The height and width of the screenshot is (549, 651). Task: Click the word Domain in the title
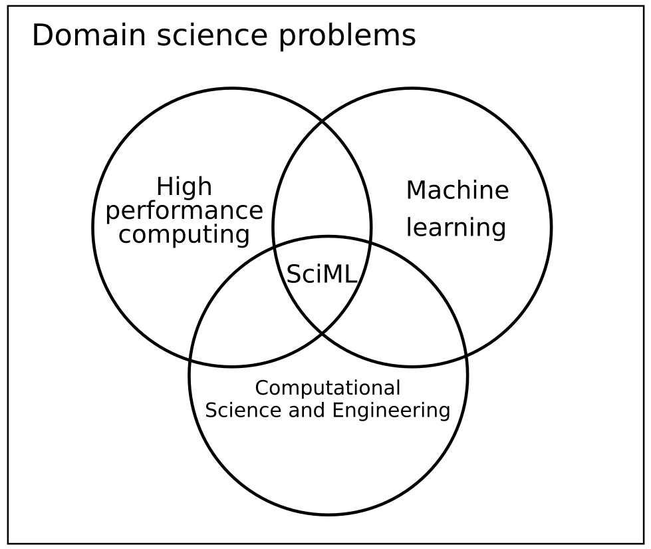(89, 35)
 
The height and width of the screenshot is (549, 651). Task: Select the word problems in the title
(347, 37)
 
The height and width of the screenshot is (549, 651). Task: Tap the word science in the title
(212, 36)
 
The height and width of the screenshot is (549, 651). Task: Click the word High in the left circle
(184, 187)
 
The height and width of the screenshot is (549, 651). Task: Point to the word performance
(184, 211)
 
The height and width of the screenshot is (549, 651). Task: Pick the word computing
(184, 235)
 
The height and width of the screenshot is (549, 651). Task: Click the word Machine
(457, 190)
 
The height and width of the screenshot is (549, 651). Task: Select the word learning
(456, 228)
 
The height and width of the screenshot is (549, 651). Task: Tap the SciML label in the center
(322, 274)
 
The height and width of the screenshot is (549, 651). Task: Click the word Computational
(328, 388)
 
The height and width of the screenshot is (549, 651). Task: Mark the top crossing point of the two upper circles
(323, 121)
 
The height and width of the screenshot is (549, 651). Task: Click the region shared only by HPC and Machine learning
(322, 187)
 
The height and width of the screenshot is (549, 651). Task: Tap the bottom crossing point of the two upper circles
(323, 333)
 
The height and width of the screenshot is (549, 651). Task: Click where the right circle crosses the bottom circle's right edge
(467, 355)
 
